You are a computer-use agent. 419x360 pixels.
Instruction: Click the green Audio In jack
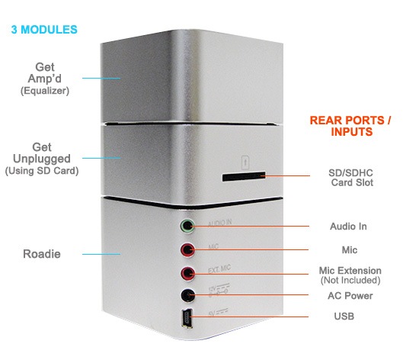pyautogui.click(x=187, y=226)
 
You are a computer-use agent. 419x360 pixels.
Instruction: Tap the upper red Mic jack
pyautogui.click(x=187, y=250)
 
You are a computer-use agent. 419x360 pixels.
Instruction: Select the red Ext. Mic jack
pyautogui.click(x=187, y=273)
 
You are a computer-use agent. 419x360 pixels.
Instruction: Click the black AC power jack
pyautogui.click(x=188, y=295)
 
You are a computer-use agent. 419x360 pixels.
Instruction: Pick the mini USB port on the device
pyautogui.click(x=187, y=318)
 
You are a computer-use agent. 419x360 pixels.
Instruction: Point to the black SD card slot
pyautogui.click(x=244, y=176)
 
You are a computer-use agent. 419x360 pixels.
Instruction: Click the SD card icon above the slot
pyautogui.click(x=245, y=162)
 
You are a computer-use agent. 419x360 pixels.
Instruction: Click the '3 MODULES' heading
pyautogui.click(x=44, y=30)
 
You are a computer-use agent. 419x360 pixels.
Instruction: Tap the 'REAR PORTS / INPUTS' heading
pyautogui.click(x=350, y=126)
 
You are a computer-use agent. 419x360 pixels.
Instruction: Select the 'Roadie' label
pyautogui.click(x=42, y=254)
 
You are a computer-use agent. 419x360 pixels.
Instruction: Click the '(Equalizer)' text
pyautogui.click(x=45, y=91)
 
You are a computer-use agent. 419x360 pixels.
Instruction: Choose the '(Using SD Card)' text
pyautogui.click(x=42, y=171)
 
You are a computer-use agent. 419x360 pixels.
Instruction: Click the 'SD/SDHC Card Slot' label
pyautogui.click(x=351, y=178)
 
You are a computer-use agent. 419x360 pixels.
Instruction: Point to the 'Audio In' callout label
pyautogui.click(x=348, y=227)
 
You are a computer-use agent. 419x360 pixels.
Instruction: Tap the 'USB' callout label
pyautogui.click(x=344, y=316)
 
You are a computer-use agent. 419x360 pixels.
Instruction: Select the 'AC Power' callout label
pyautogui.click(x=350, y=295)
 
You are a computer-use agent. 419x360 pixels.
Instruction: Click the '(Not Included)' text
pyautogui.click(x=350, y=281)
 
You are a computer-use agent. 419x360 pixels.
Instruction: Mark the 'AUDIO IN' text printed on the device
pyautogui.click(x=220, y=223)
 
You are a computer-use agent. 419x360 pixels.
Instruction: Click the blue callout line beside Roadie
pyautogui.click(x=101, y=254)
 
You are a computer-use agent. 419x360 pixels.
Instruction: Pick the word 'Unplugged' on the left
pyautogui.click(x=42, y=159)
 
